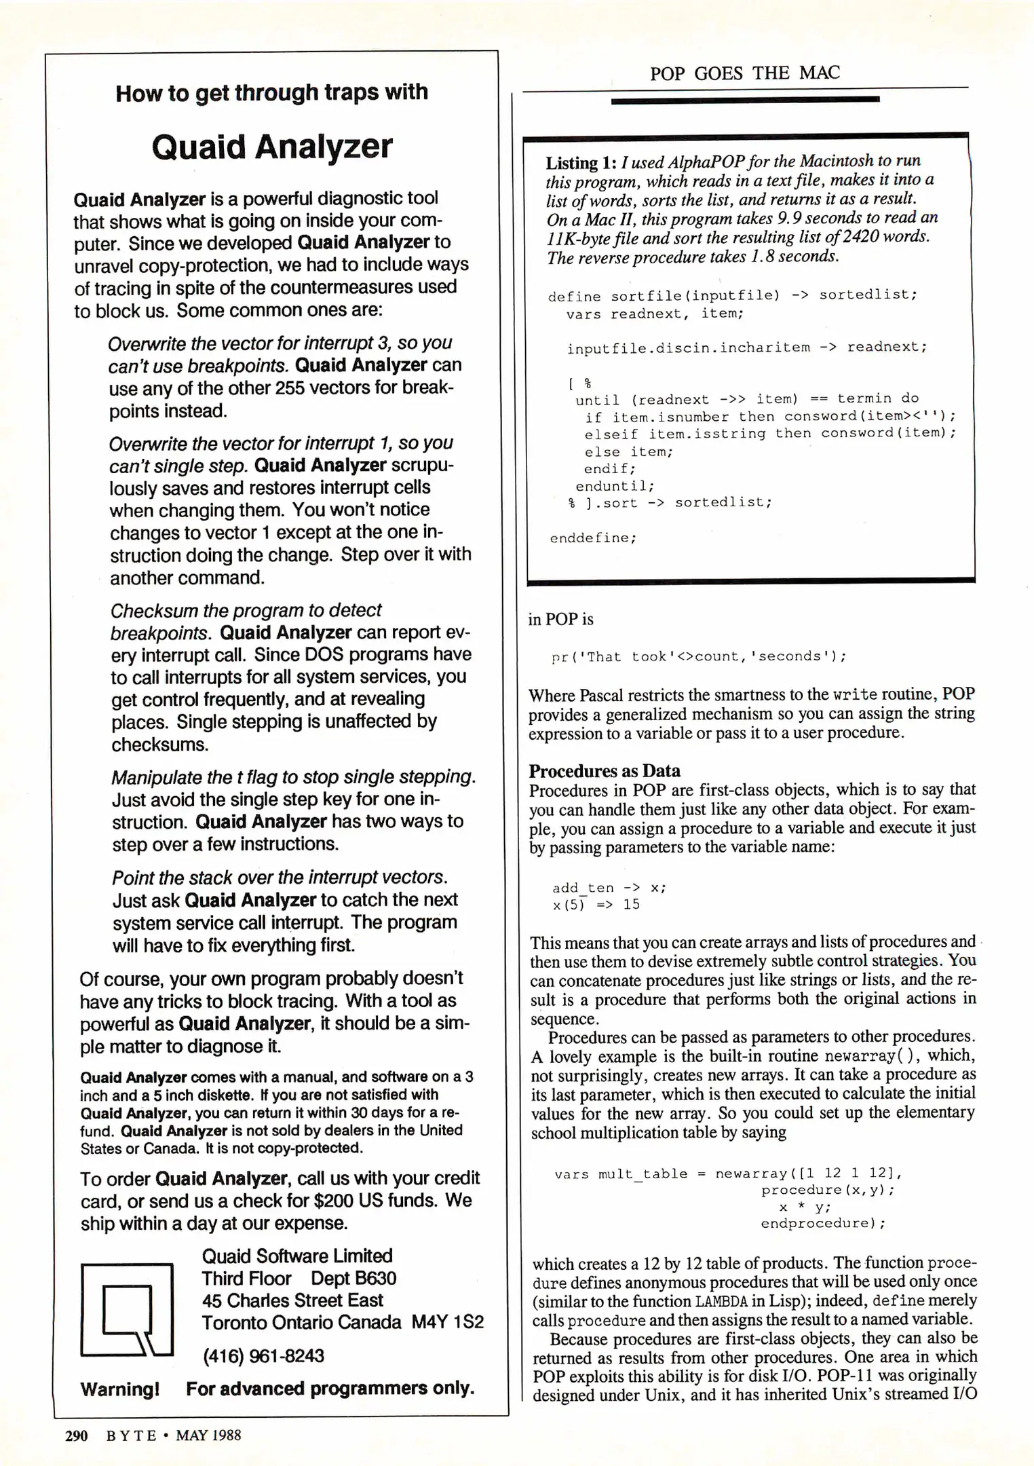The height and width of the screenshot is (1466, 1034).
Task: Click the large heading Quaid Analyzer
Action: [x=271, y=147]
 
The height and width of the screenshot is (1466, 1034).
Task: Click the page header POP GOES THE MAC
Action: [x=744, y=73]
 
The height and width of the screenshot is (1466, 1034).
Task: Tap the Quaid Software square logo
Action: [x=127, y=1309]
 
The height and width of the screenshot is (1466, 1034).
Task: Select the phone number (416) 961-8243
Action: [x=263, y=1355]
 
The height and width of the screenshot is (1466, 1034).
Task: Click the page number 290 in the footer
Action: [x=76, y=1435]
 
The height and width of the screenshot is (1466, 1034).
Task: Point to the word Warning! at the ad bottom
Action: [x=120, y=1389]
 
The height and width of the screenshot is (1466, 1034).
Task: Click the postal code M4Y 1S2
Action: [x=447, y=1322]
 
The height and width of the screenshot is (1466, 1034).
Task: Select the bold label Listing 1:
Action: [x=581, y=163]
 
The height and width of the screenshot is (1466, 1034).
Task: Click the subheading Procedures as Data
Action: [x=604, y=770]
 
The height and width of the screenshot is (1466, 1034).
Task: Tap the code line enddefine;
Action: [x=593, y=538]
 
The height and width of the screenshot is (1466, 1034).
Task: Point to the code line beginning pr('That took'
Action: [x=699, y=656]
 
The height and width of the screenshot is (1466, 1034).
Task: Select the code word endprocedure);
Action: [x=822, y=1223]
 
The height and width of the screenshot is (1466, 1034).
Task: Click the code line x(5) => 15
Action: [x=596, y=905]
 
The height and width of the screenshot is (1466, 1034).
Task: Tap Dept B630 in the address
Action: [x=353, y=1278]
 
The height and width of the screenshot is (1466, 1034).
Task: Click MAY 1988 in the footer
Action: [x=208, y=1435]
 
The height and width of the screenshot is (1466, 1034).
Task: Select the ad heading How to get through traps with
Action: [x=271, y=92]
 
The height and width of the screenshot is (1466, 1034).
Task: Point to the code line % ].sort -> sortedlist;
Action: [x=670, y=503]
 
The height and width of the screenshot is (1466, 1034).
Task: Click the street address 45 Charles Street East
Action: [x=292, y=1300]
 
